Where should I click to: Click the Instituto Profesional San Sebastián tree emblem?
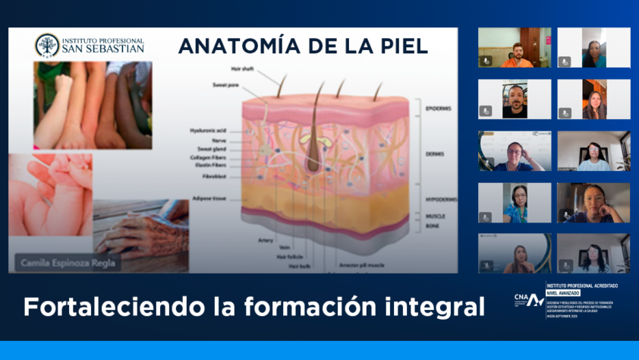(46, 46)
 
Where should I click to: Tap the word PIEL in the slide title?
(402, 46)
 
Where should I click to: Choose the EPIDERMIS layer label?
(438, 109)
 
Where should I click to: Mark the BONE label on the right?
(433, 226)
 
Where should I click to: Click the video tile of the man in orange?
(515, 48)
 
